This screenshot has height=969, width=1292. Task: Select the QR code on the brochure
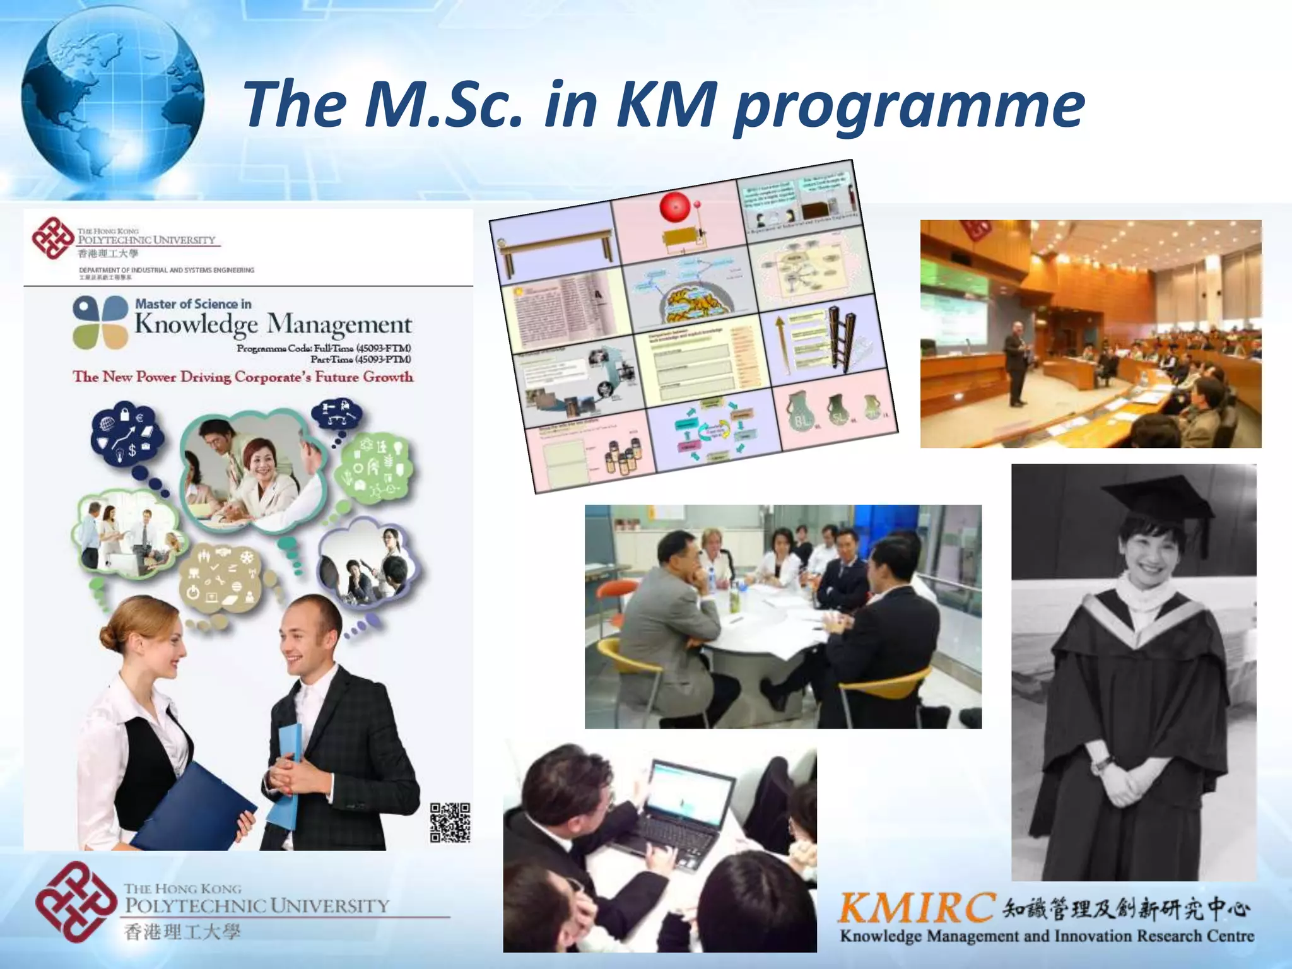pyautogui.click(x=450, y=823)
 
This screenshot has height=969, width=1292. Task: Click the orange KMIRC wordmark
pyautogui.click(x=916, y=908)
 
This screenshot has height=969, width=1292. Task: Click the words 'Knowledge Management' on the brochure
pyautogui.click(x=273, y=324)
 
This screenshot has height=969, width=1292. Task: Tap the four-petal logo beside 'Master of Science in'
pyautogui.click(x=100, y=322)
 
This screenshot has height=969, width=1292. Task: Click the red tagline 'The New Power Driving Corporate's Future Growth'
pyautogui.click(x=243, y=377)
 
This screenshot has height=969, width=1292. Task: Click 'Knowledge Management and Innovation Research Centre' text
pyautogui.click(x=1046, y=936)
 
